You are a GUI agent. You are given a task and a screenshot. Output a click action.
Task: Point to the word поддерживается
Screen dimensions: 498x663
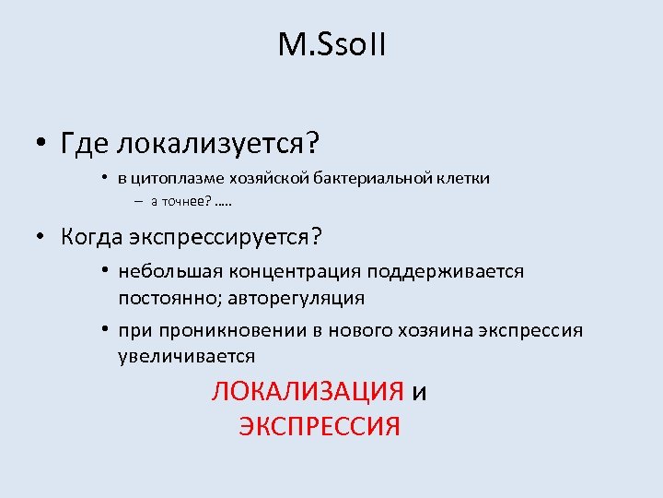coord(446,272)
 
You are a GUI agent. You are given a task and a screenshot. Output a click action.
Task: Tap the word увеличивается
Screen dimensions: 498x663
coord(187,356)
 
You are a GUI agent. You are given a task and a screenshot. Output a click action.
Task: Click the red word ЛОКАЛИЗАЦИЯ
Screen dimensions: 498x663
coord(308,392)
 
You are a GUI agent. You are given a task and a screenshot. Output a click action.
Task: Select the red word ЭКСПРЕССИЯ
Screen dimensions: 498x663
coord(320,427)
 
